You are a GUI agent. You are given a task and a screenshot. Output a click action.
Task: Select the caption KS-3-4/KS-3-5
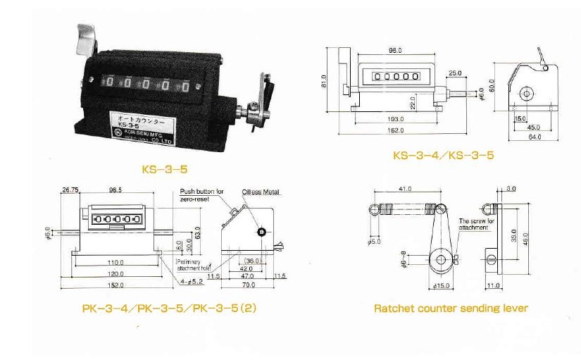(x=443, y=154)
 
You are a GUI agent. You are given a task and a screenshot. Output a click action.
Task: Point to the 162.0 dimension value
(x=394, y=131)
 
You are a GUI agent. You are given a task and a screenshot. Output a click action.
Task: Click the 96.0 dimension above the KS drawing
(x=394, y=51)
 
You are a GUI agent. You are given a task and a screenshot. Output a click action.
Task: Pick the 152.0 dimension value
(x=116, y=285)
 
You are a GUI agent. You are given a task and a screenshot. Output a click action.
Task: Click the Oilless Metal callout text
(x=261, y=191)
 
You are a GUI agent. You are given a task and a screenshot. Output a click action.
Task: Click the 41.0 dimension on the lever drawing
(x=404, y=189)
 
